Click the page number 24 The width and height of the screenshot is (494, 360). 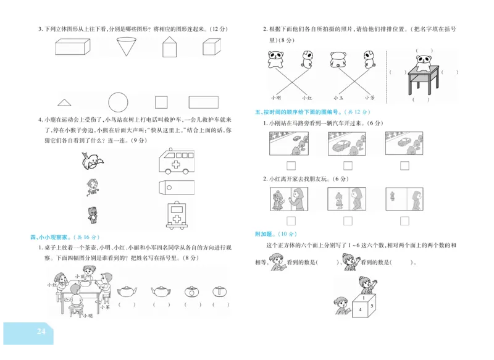click(x=41, y=332)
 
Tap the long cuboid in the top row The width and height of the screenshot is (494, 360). click(x=72, y=46)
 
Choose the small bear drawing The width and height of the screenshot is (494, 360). click(x=93, y=214)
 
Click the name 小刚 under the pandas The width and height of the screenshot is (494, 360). click(x=275, y=98)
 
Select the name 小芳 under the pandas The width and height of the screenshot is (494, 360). click(x=369, y=98)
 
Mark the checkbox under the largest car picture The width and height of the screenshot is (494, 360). click(x=348, y=165)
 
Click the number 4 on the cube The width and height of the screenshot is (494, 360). click(x=361, y=309)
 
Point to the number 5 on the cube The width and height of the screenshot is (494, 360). click(x=373, y=304)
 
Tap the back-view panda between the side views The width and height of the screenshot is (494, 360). click(x=337, y=59)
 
